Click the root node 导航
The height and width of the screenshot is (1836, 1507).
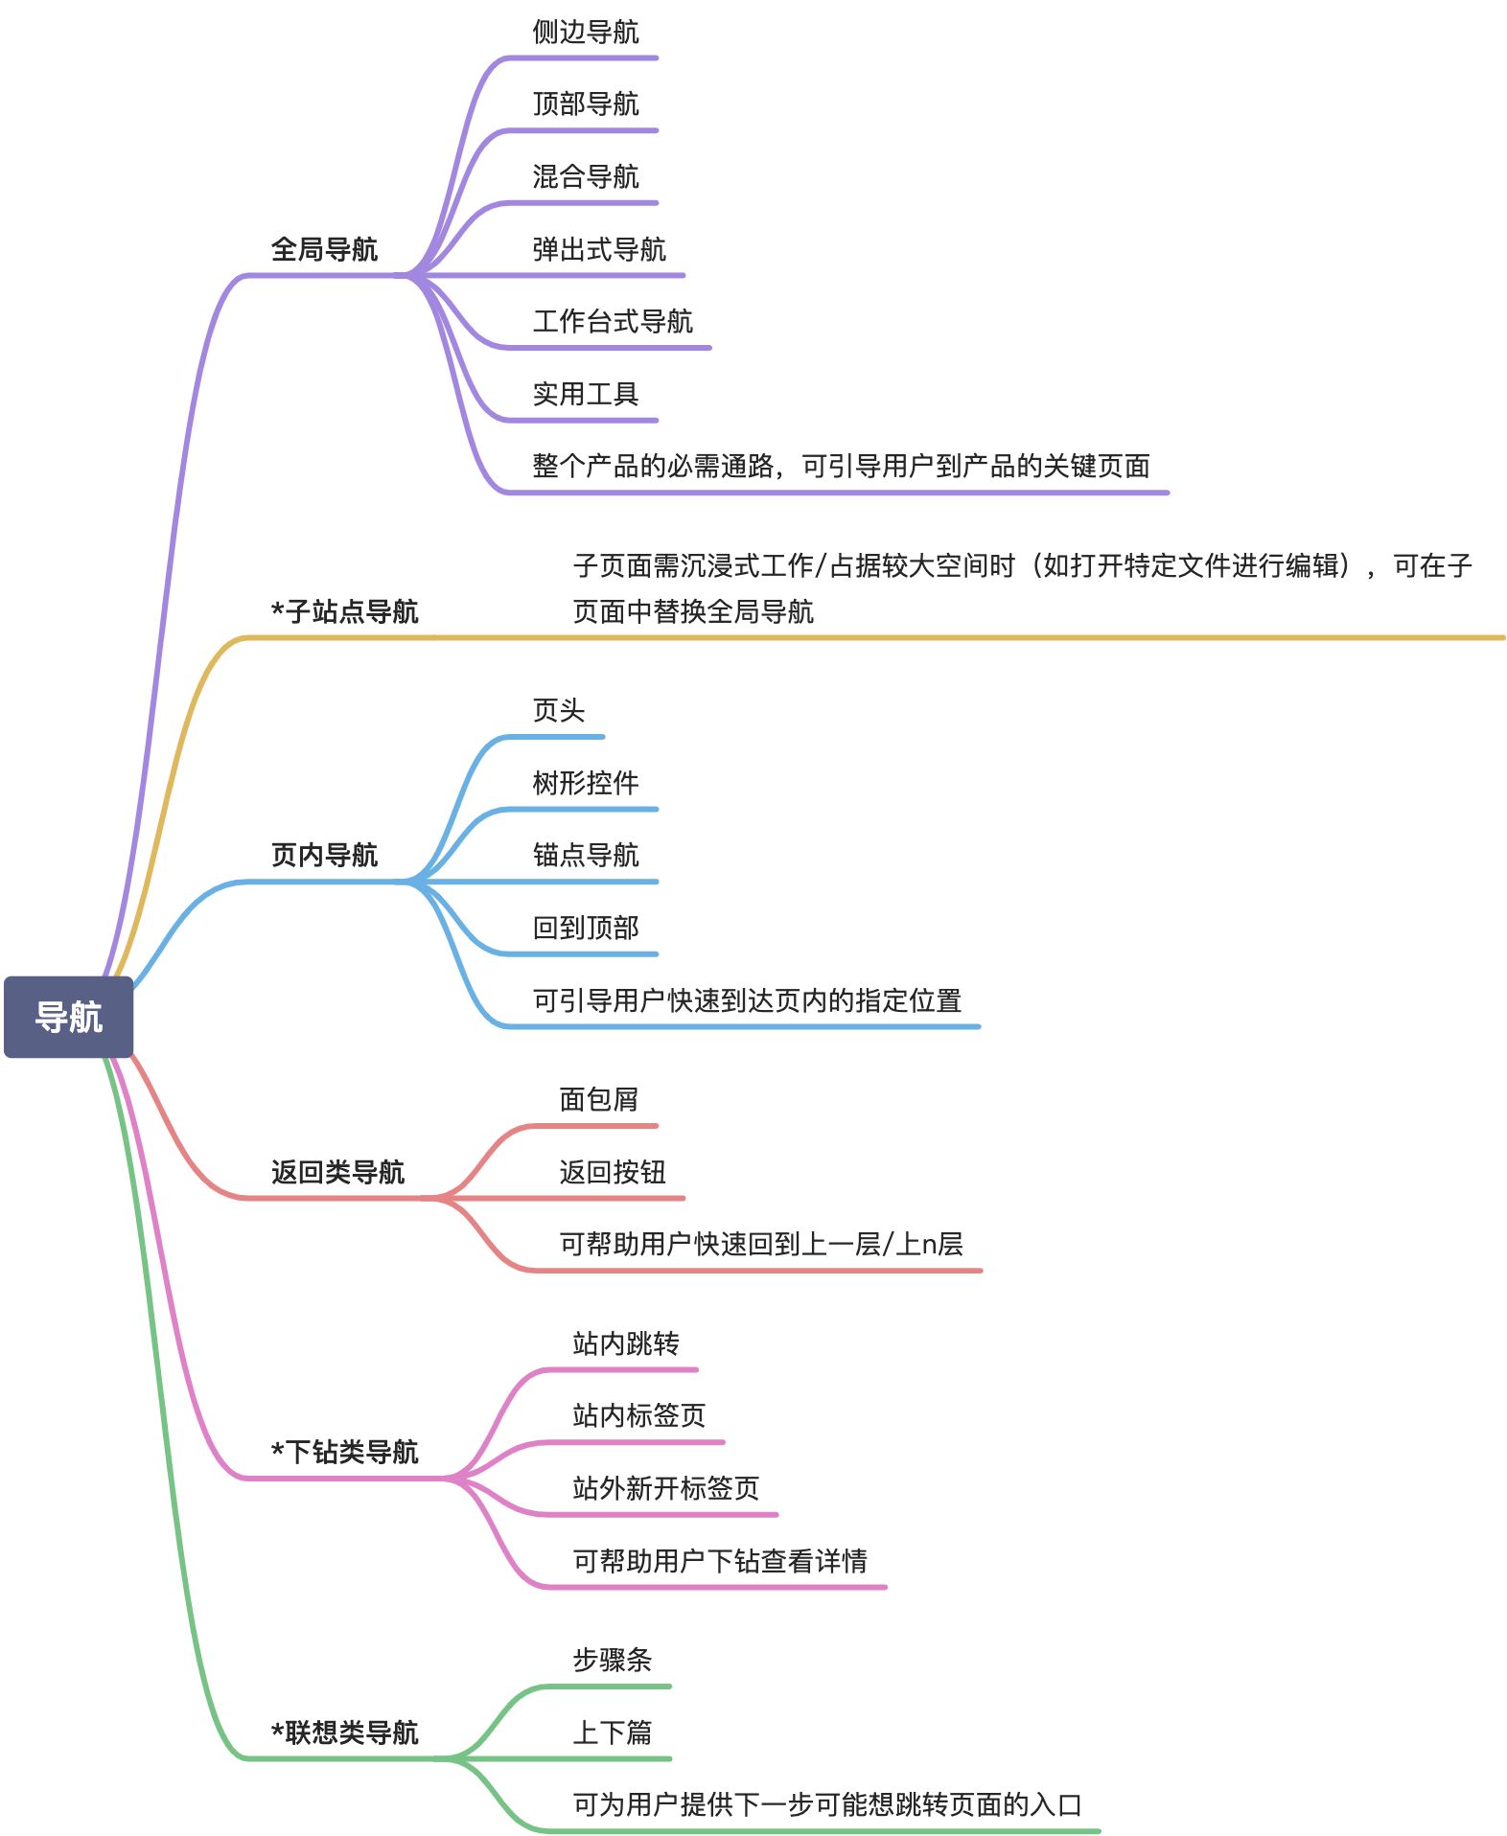tap(68, 1017)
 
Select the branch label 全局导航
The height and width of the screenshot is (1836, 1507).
tap(324, 249)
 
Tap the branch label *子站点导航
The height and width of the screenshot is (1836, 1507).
tap(345, 611)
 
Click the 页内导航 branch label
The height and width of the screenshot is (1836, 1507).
tap(324, 855)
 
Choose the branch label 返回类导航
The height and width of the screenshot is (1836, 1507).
tap(337, 1171)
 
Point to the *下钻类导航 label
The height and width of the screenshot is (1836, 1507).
tap(345, 1452)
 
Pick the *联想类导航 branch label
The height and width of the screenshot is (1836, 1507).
tap(345, 1733)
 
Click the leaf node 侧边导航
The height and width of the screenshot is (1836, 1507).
tap(585, 33)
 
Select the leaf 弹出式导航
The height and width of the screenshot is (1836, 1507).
tap(598, 249)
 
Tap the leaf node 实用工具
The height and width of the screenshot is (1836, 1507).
tap(585, 394)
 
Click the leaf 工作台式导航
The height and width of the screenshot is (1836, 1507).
tap(612, 321)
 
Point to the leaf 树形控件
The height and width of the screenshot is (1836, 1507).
tap(585, 783)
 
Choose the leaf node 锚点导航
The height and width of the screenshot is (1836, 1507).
tap(585, 855)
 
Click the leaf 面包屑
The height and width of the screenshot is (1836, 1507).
tap(598, 1099)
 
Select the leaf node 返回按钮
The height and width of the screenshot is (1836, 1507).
tap(612, 1171)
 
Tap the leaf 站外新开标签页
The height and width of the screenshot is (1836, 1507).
tap(665, 1488)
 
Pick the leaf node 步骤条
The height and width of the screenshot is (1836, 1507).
tap(612, 1660)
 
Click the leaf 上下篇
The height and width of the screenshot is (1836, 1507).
tap(612, 1733)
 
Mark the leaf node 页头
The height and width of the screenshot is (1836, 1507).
tap(558, 710)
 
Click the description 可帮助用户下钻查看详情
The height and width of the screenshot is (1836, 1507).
tap(719, 1561)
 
